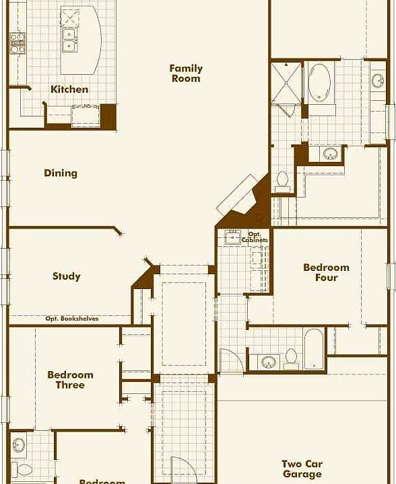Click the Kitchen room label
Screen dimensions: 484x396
69,89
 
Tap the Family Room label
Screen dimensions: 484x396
186,73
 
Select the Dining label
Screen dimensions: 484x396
61,173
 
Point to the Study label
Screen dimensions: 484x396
66,276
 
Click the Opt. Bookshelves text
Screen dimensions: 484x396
72,319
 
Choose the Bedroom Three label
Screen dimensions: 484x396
70,380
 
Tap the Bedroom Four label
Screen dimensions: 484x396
326,272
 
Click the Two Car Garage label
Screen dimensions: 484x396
302,469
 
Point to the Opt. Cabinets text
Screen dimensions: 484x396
255,237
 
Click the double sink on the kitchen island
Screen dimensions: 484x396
69,40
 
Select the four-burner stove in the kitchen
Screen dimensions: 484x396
17,43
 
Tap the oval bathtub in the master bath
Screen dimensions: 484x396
320,83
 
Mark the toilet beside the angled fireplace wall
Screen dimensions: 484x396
282,179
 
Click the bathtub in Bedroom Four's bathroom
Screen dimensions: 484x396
313,349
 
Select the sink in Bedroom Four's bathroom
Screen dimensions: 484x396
269,362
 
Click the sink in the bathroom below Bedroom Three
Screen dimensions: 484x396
19,445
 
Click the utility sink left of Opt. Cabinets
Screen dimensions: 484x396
233,237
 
